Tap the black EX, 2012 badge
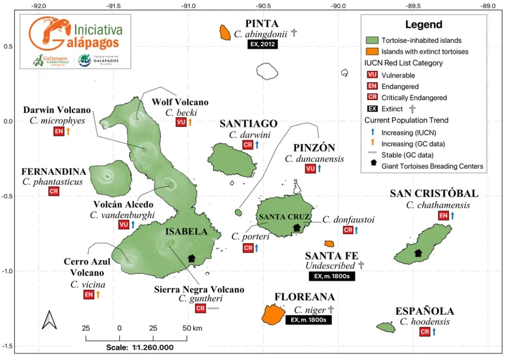pyautogui.click(x=262, y=44)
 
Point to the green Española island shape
pyautogui.click(x=386, y=327)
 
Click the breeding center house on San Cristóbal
pyautogui.click(x=418, y=253)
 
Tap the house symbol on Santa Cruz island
pyautogui.click(x=297, y=228)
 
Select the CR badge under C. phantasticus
pyautogui.click(x=53, y=191)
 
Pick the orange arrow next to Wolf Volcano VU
pyautogui.click(x=190, y=122)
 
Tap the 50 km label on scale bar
pyautogui.click(x=192, y=328)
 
